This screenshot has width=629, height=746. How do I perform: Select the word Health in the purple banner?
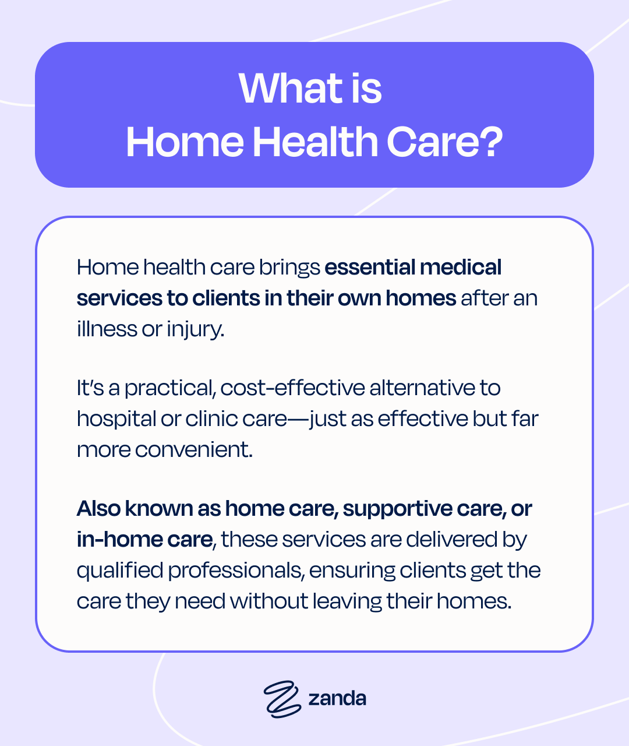pos(316,142)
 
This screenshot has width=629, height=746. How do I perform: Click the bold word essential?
pos(370,268)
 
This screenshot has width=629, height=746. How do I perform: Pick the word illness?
pos(107,329)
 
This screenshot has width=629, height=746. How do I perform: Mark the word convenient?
pos(194,449)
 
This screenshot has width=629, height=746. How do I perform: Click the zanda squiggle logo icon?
pos(282,699)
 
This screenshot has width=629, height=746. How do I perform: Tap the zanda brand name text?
pos(337,698)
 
